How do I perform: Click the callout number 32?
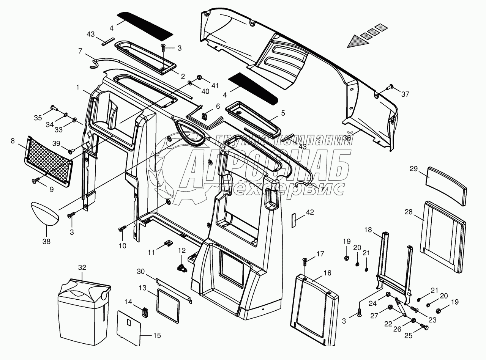point(82,267)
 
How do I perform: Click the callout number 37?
point(405,94)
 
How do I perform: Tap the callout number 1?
point(77,87)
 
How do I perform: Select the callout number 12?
point(182,250)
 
